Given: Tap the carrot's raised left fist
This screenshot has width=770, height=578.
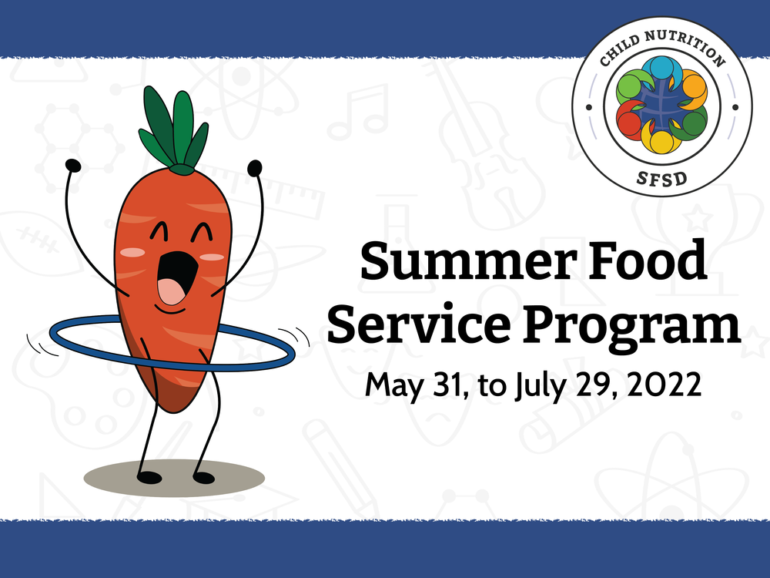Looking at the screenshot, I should [73, 165].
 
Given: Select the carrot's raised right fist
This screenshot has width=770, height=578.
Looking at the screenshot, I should [254, 166].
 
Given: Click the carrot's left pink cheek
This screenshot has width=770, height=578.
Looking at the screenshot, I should [133, 253].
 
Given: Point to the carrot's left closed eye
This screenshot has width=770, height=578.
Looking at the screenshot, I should [156, 232].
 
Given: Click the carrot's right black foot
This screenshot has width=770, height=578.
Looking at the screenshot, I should [203, 477].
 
